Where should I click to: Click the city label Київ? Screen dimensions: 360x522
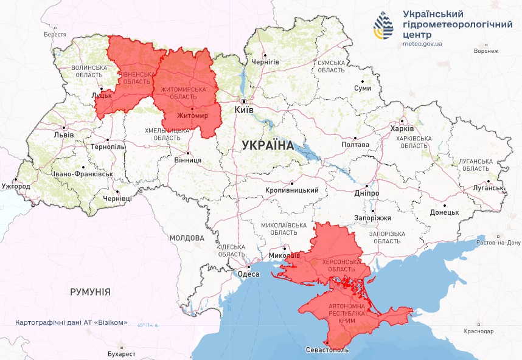(245, 110)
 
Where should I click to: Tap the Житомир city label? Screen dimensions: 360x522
(192, 116)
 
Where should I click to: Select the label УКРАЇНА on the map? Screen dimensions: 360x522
(267, 145)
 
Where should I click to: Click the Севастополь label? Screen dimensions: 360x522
(327, 351)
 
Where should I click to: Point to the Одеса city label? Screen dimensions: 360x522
(249, 274)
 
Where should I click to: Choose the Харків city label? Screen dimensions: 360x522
(402, 129)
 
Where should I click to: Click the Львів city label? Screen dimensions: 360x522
(64, 134)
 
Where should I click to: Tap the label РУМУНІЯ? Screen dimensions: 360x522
(90, 292)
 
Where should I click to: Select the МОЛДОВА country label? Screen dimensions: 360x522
(187, 238)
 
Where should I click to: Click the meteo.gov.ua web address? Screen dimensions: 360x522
(422, 44)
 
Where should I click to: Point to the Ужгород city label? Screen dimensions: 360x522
(16, 185)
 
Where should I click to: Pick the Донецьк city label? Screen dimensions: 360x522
(444, 212)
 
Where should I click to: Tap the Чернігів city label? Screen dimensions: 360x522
(265, 62)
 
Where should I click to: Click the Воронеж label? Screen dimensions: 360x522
(485, 51)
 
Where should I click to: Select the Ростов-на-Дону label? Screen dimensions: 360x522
(499, 243)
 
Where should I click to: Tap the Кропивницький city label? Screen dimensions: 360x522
(292, 190)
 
